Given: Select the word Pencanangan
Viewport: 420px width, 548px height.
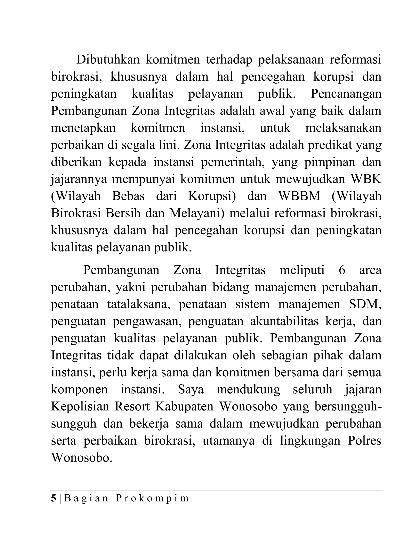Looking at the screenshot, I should point(346,94).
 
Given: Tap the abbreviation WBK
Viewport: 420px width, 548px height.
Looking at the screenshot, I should point(366,179).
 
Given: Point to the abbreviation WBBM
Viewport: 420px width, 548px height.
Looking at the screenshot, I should point(299,196).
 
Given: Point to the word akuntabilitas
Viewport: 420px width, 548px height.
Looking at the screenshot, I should point(284,321).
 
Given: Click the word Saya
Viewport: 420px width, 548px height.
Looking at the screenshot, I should point(191,389).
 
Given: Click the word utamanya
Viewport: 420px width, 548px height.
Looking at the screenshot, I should point(228,440).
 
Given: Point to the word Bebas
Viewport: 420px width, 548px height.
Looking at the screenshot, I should point(128,196).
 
